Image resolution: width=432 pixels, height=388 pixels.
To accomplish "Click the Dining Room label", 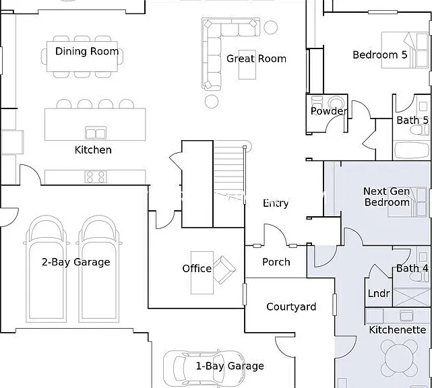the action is tap(87, 51).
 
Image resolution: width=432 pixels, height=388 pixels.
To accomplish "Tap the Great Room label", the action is tap(256, 59).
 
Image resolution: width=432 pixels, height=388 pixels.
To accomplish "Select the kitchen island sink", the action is tap(96, 133).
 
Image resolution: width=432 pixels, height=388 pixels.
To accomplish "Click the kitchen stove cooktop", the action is tap(96, 176).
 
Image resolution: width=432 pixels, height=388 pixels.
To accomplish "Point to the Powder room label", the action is tap(328, 111).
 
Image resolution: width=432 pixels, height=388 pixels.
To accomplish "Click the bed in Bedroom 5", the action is tap(405, 50).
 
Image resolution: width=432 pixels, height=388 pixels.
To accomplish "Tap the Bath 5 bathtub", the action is tap(412, 150).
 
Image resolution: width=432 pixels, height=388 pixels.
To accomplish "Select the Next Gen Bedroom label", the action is tap(387, 197).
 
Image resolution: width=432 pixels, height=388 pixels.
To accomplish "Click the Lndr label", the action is tap(379, 294).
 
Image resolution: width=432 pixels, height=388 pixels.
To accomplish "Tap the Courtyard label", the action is tap(291, 306).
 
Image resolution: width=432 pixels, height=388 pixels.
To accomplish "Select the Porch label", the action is tap(276, 262).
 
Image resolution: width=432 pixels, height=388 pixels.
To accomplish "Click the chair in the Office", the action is tap(224, 270).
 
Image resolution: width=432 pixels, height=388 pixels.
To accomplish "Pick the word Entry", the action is tap(276, 203).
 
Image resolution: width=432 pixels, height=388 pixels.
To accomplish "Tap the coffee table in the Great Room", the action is tap(247, 65).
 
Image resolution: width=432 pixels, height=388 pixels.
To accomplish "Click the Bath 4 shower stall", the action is tap(412, 297).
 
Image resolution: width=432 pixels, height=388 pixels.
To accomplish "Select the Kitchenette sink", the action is tap(406, 316).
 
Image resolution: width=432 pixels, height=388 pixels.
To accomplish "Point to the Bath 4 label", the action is tap(412, 268).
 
